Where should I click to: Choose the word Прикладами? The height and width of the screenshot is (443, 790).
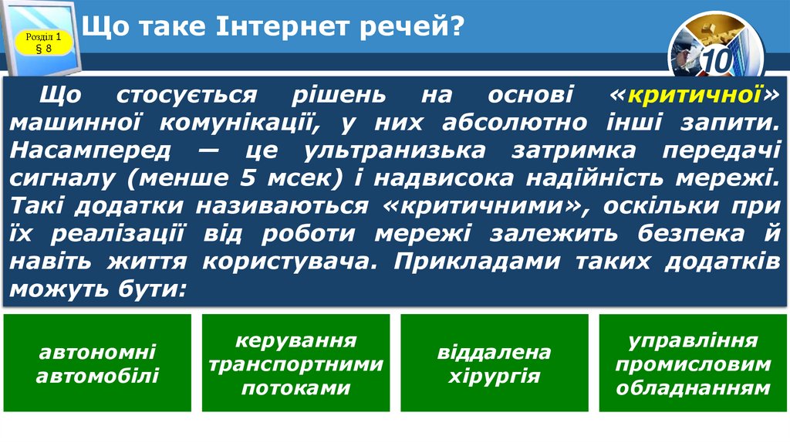478,262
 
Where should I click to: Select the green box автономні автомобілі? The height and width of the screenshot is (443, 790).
97,363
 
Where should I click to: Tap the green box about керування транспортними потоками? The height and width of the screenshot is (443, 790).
295,363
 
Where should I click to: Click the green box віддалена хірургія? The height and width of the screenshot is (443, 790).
494,363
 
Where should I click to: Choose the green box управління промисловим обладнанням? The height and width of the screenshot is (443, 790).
693,363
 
